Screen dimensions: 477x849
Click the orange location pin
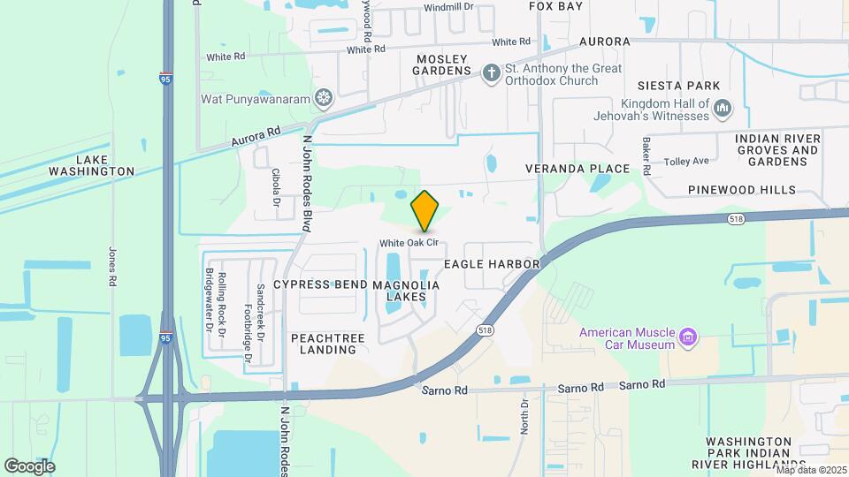point(425,210)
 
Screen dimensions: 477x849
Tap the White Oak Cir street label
point(410,243)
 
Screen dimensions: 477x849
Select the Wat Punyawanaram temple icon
point(325,95)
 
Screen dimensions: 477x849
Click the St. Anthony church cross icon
point(491,73)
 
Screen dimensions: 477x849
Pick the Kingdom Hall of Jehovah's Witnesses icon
point(723,109)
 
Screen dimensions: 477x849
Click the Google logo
point(29,466)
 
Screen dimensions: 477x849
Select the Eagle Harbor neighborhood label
point(492,264)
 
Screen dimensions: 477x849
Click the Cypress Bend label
point(320,284)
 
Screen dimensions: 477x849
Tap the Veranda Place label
point(577,168)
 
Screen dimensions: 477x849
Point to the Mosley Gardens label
point(442,64)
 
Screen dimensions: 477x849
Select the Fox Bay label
point(556,6)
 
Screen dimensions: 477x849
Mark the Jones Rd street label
point(112,265)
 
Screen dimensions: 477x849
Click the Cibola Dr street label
point(276,188)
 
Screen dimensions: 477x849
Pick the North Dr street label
point(524,414)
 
